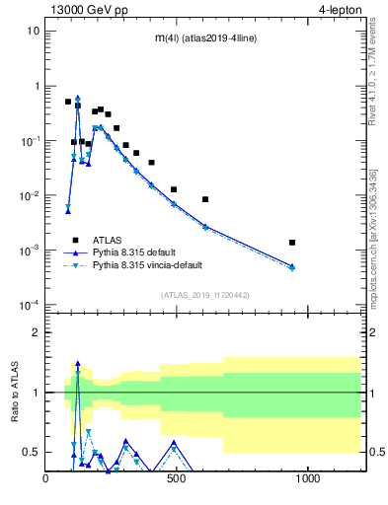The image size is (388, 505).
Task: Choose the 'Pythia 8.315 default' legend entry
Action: (148, 252)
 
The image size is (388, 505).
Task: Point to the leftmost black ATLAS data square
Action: (68, 102)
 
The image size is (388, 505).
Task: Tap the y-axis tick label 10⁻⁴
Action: (30, 305)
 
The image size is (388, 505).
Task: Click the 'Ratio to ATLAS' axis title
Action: (15, 393)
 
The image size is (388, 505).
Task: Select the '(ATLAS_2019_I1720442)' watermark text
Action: (206, 295)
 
